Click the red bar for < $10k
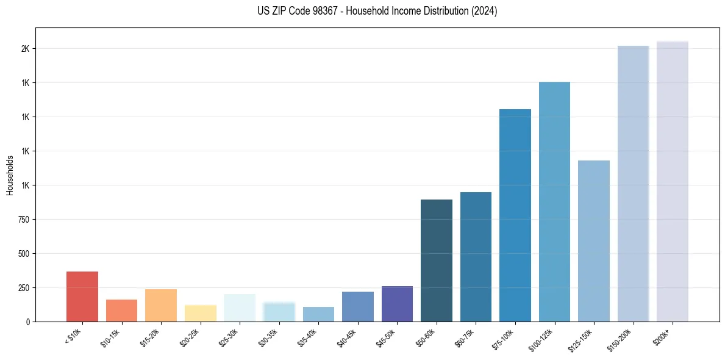pos(82,297)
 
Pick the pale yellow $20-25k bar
pos(201,313)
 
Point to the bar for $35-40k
pos(318,314)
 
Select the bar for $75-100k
pos(515,215)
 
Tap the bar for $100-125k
pos(554,201)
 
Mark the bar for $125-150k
pos(594,241)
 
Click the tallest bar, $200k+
pos(673,181)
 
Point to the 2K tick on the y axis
pos(24,49)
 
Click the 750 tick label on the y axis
pos(23,220)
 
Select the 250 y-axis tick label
pos(23,288)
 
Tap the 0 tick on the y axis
pos(27,322)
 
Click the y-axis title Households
pos(10,175)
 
